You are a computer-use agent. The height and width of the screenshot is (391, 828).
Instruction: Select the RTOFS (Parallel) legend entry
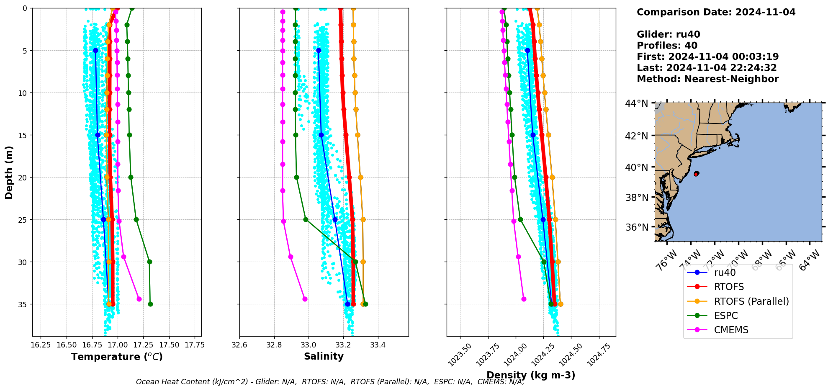751,301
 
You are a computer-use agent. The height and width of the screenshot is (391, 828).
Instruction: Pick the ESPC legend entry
725,316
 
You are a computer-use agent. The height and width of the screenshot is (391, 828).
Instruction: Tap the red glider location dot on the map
696,174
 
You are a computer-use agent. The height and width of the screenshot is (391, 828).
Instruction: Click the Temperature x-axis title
117,357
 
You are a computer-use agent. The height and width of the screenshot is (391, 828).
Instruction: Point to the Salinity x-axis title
324,356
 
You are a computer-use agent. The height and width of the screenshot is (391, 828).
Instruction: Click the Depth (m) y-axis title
9,172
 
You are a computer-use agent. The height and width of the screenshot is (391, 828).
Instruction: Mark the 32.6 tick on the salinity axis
239,345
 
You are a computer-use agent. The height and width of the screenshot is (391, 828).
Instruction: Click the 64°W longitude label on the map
810,260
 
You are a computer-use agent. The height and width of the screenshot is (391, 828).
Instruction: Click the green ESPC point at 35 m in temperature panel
150,304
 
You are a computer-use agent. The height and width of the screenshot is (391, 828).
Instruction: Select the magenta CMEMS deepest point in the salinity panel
305,299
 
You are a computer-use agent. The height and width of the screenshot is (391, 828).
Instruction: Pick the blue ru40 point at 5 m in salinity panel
319,50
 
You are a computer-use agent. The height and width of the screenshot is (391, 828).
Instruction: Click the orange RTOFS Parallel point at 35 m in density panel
561,304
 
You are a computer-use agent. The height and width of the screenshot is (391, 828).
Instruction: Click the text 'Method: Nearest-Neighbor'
707,79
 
